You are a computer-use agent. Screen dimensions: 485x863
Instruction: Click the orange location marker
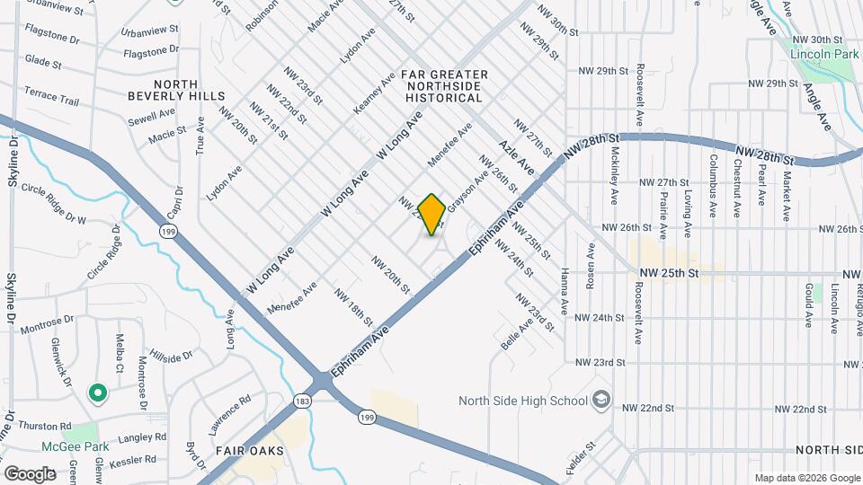click(x=431, y=215)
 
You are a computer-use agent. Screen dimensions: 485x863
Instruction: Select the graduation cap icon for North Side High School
click(x=601, y=400)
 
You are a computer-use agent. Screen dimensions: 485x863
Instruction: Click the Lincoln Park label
click(x=824, y=54)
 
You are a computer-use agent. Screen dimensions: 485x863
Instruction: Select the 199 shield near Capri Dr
click(x=167, y=232)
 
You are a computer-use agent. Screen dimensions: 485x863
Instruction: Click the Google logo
click(x=30, y=473)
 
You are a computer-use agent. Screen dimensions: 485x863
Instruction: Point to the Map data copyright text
click(x=806, y=478)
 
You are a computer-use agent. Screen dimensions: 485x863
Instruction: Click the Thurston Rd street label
click(x=46, y=426)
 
